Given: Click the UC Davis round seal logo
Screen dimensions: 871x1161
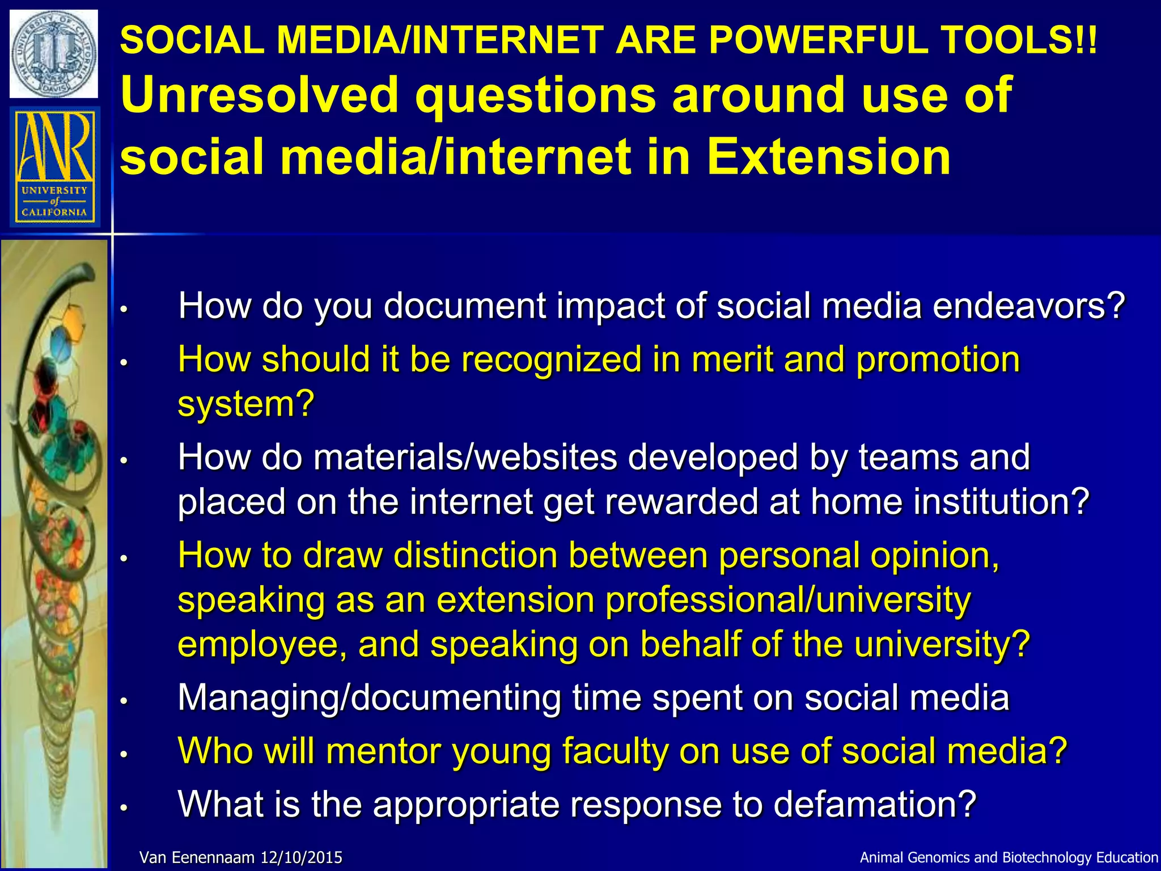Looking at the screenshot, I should pos(54,54).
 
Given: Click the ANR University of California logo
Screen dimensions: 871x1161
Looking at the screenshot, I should pos(54,167).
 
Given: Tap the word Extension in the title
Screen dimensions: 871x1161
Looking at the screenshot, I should pos(828,157).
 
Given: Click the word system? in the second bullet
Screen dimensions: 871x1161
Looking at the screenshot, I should pos(245,404).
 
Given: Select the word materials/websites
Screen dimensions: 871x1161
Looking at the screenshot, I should pos(465,457).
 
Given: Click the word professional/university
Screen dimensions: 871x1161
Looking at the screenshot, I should pos(788,600).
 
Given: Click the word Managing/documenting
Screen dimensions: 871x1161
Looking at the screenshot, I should pos(369,698).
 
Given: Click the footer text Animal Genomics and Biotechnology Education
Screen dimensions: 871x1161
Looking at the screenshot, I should pos(1009,857).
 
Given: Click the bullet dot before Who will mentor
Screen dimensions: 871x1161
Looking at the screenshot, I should pos(124,754).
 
